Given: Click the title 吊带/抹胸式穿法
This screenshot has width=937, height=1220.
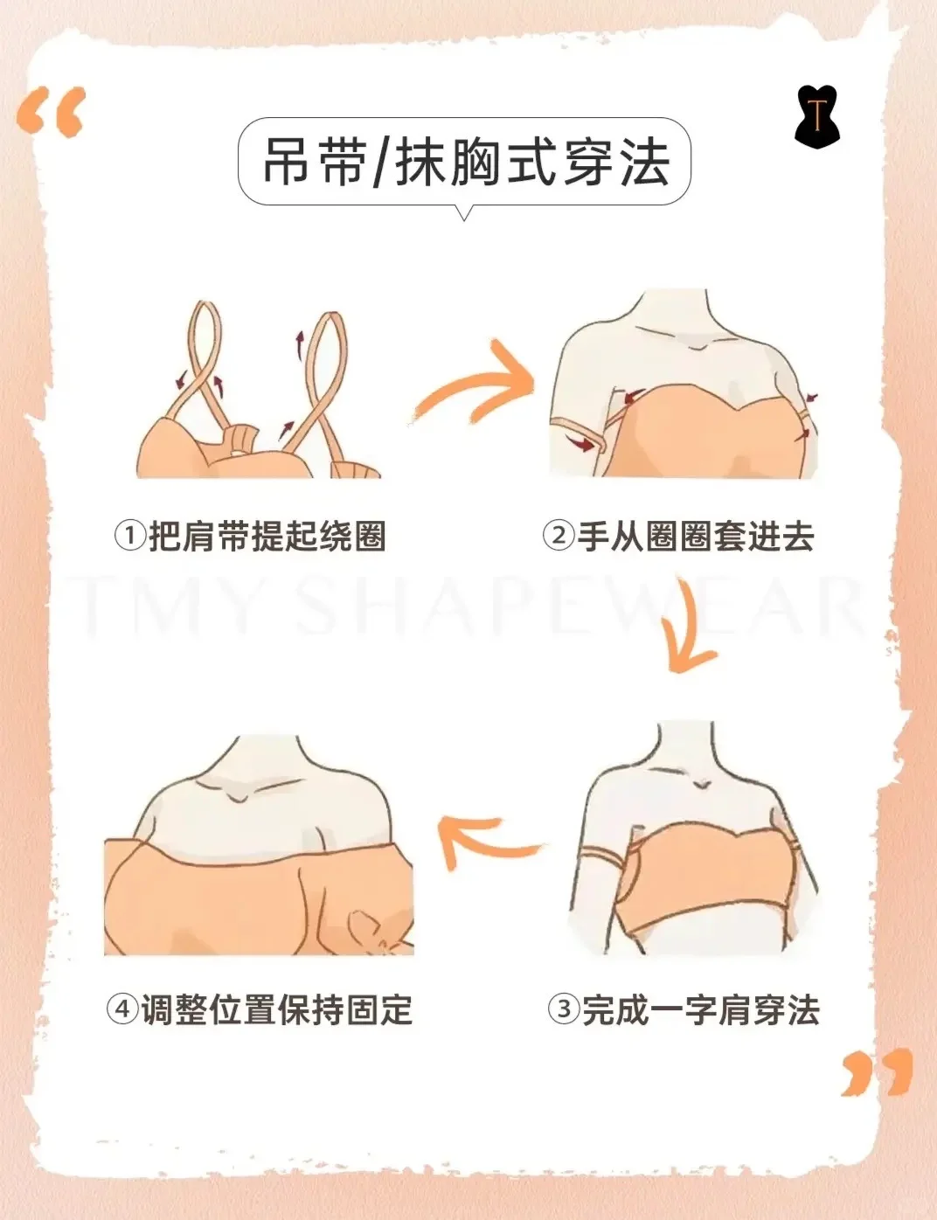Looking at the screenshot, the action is [466, 162].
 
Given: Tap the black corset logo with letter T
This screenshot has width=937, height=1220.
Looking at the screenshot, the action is [817, 118].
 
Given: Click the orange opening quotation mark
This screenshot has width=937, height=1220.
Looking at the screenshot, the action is [51, 111].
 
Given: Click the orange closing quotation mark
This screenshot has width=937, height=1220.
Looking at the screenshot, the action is [877, 1075].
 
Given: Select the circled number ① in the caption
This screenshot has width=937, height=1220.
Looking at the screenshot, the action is [129, 536].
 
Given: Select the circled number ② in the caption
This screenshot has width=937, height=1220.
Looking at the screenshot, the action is [558, 536].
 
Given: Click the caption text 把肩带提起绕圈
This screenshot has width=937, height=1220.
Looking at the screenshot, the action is [267, 537].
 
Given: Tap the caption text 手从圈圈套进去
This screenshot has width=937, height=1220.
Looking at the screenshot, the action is [696, 537].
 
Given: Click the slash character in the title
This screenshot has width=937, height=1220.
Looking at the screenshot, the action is [380, 163].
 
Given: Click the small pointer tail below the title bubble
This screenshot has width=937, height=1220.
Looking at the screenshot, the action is [464, 212].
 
